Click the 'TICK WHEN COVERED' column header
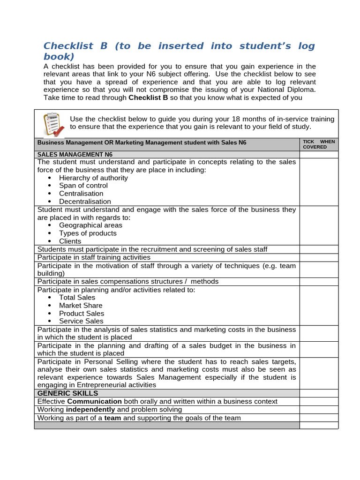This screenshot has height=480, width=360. coord(319,144)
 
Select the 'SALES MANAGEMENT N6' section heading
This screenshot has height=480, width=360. coord(75,154)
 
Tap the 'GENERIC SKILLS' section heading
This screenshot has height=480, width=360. coord(67,393)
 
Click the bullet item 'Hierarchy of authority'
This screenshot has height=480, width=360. coord(93,178)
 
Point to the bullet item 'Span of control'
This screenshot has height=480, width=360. coord(83,186)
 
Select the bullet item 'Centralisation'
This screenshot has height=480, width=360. coord(81,194)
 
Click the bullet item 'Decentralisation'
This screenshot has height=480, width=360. coord(85,202)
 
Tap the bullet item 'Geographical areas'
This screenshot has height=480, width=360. coord(90,225)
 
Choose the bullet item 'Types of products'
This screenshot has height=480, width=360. coord(88,233)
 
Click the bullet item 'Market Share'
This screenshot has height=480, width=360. coord(81,305)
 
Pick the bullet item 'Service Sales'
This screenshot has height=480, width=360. coord(81,321)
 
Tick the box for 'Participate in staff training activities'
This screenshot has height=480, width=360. coord(319,257)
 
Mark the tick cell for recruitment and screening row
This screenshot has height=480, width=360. coord(319,249)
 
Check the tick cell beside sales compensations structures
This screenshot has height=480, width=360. coord(319,282)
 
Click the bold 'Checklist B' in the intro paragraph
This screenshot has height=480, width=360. coord(148,98)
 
